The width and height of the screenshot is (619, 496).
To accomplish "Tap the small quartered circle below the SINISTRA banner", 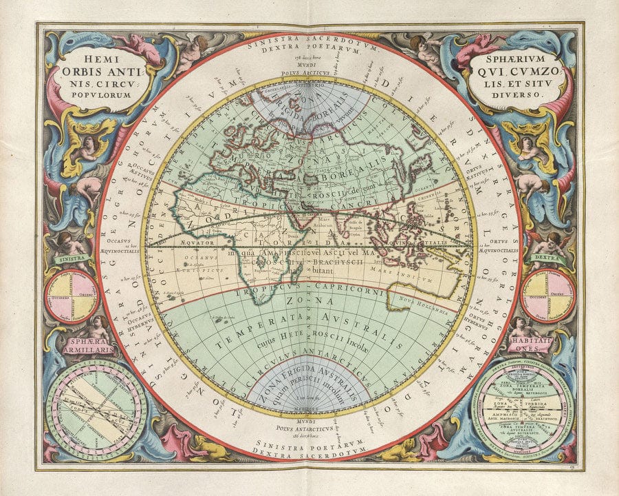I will (72, 296).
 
